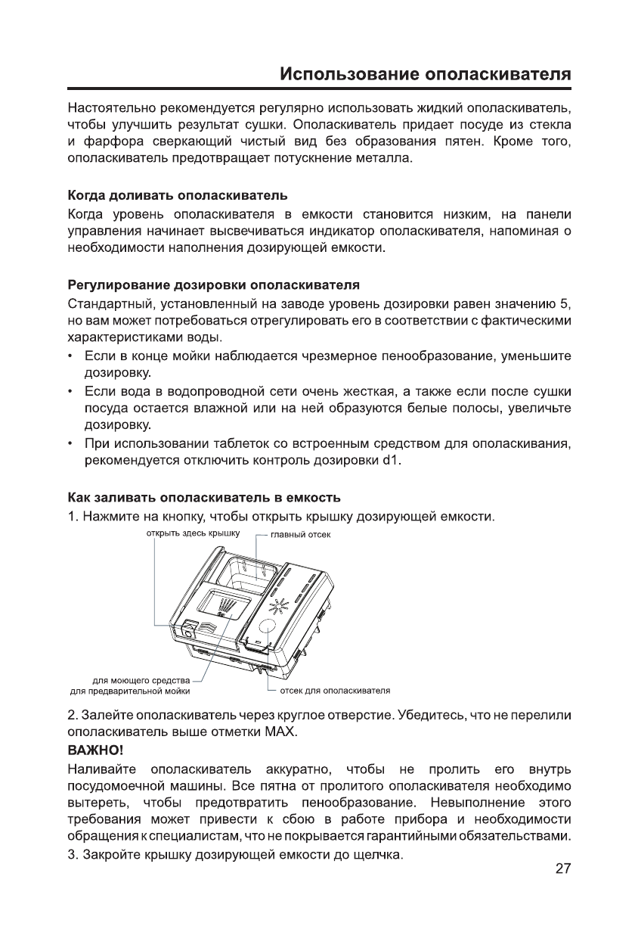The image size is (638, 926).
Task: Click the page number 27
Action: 562,890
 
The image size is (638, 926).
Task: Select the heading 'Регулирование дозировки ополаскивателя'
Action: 212,285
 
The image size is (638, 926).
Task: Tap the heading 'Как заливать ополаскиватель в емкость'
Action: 204,498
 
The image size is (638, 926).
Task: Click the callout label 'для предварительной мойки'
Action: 129,691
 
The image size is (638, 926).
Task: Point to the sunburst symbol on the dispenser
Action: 279,605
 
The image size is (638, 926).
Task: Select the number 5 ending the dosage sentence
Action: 563,304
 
